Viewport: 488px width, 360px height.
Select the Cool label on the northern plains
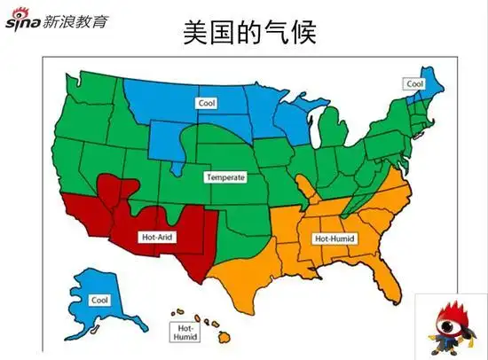click(x=208, y=103)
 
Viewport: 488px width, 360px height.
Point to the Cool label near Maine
click(x=414, y=84)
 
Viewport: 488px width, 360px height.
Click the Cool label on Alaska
click(x=99, y=300)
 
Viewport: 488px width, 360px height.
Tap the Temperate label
click(x=224, y=177)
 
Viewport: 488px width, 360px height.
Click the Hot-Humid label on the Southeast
click(x=332, y=239)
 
